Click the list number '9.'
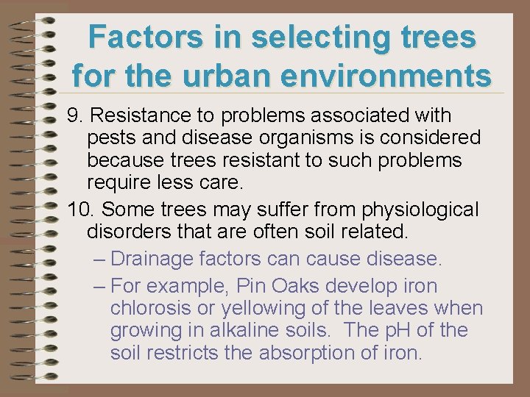[x=74, y=116]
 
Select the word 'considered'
[x=435, y=138]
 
